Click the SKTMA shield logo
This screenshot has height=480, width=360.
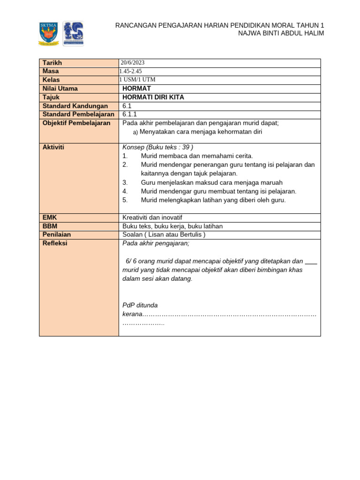(x=49, y=33)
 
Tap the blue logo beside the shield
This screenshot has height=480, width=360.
(x=73, y=33)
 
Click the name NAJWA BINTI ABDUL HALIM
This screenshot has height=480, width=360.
(x=281, y=33)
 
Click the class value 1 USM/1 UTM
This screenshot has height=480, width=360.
(x=137, y=80)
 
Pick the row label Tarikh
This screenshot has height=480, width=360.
(x=52, y=63)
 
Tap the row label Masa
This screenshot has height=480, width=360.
(x=51, y=71)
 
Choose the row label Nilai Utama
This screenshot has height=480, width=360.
(x=60, y=89)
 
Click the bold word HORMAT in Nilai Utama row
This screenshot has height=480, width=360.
(x=136, y=89)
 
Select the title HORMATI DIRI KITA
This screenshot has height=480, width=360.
(x=153, y=97)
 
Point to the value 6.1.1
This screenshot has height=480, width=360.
(x=130, y=114)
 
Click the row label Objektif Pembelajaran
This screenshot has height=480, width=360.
(x=76, y=123)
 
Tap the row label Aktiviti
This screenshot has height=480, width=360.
(x=53, y=147)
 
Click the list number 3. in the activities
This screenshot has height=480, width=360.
(x=125, y=182)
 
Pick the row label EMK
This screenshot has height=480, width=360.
(x=50, y=217)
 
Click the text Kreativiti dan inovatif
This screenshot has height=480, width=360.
(x=152, y=217)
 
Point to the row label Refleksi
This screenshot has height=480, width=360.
(x=55, y=243)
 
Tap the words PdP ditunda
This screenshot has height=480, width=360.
(x=140, y=305)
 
